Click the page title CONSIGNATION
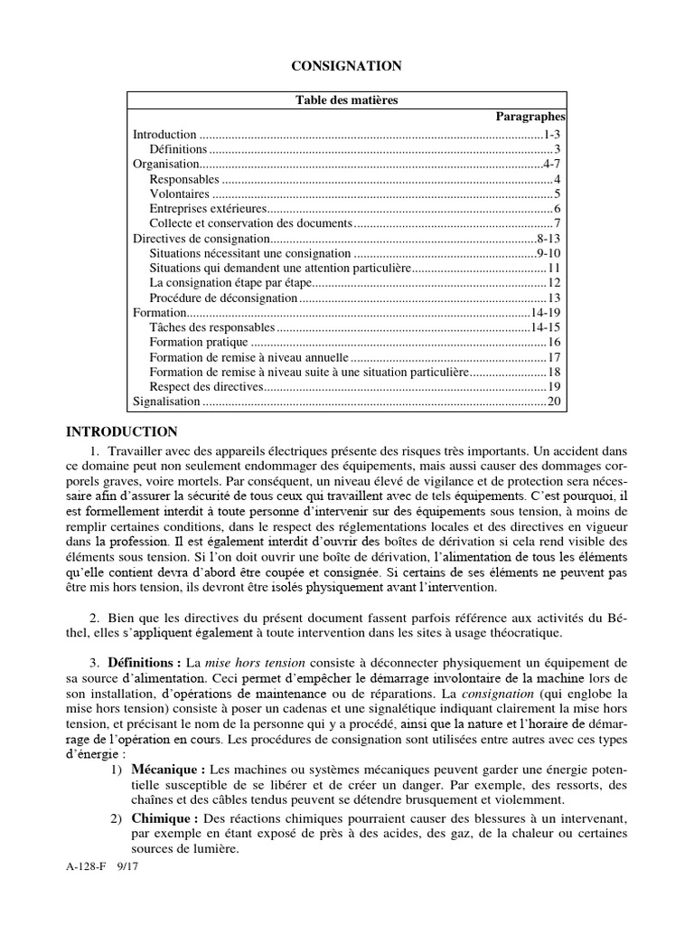346,66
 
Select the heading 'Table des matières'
346,100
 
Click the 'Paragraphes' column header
530,117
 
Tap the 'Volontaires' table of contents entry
179,194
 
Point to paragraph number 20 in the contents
555,402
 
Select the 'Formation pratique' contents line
197,342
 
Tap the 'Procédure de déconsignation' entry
222,298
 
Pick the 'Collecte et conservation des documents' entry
249,223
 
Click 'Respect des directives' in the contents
205,386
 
